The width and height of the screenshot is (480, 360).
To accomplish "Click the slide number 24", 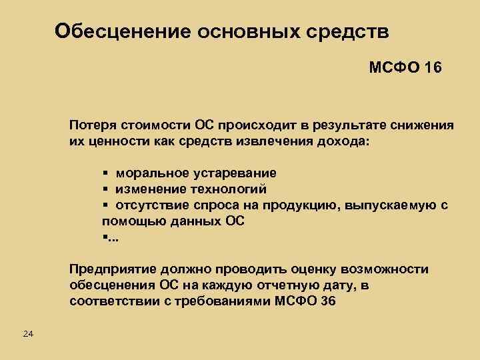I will pos(28,333).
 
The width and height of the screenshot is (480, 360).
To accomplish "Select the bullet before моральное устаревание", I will pos(105,173).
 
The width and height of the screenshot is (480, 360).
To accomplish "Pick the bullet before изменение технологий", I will pos(105,189).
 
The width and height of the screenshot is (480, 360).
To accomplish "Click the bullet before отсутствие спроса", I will pos(105,205).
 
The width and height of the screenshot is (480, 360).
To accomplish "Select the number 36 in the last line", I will pos(328,301).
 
